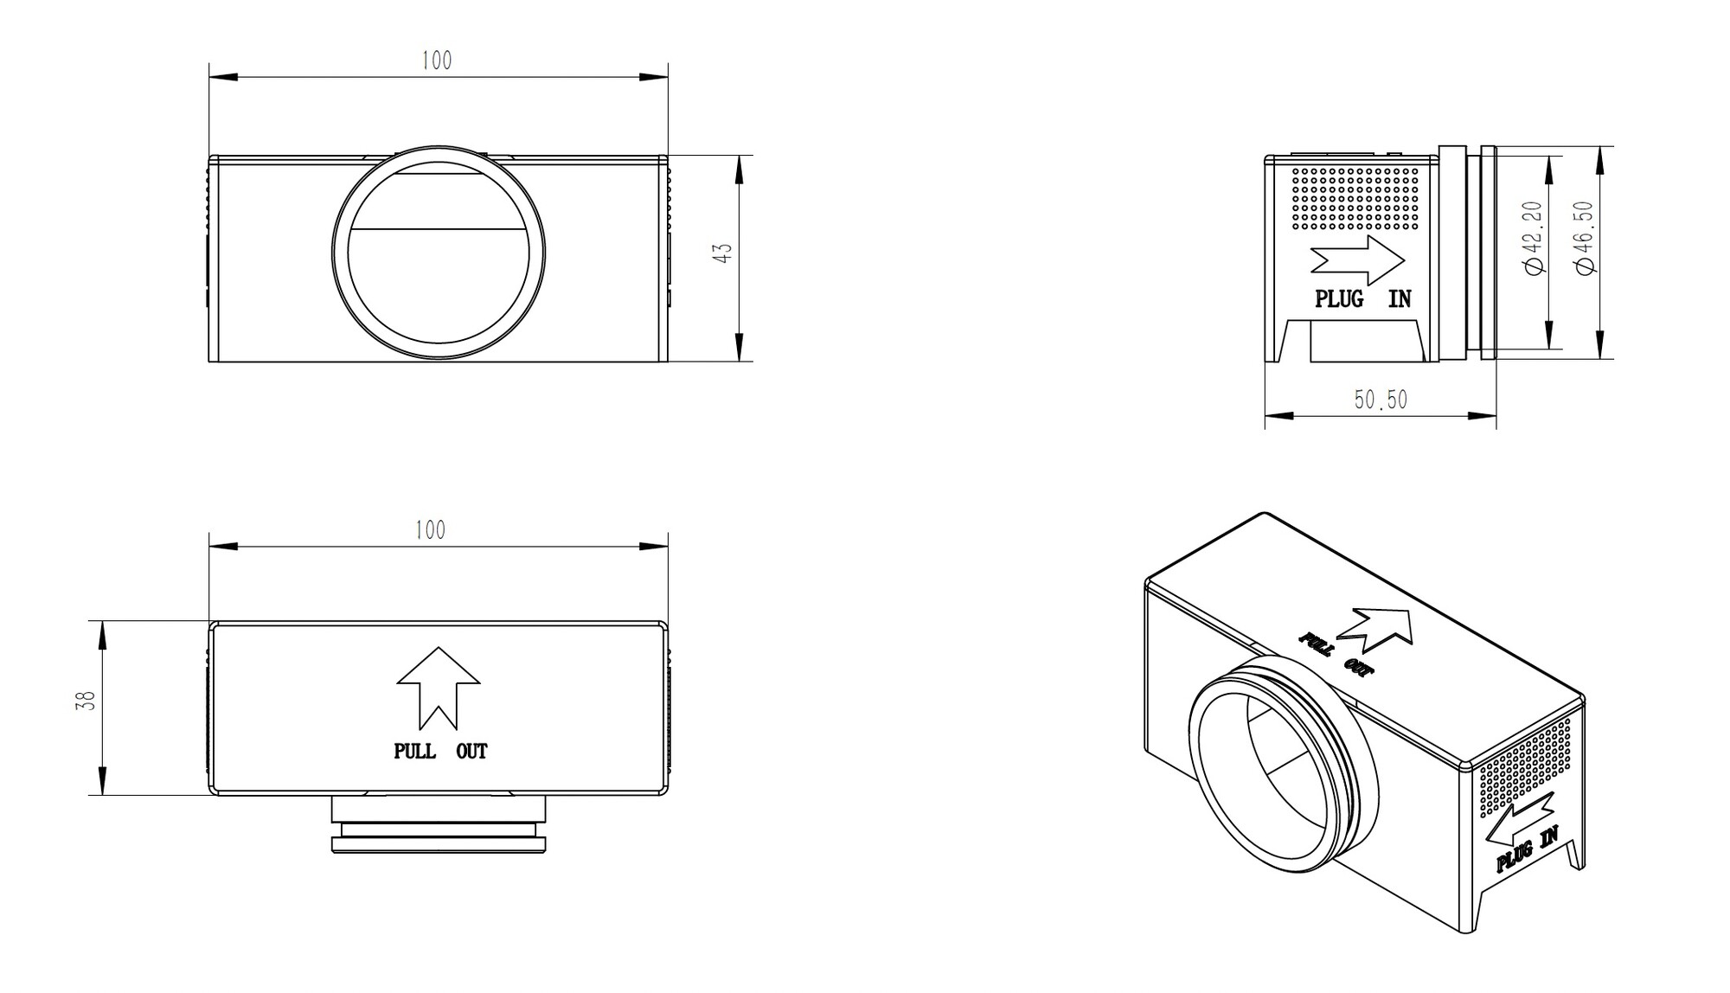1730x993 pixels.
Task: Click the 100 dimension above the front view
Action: (x=437, y=61)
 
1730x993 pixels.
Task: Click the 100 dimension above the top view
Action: (x=430, y=530)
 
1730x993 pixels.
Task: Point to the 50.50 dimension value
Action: (x=1381, y=400)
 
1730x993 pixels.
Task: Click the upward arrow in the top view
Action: (x=439, y=689)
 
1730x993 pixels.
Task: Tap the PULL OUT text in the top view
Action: (x=440, y=752)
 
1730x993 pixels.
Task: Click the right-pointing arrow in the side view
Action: (x=1357, y=258)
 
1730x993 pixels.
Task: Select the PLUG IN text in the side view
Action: (x=1362, y=299)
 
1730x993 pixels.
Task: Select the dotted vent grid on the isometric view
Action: (x=1525, y=765)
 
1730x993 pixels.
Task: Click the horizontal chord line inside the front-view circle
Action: (x=439, y=229)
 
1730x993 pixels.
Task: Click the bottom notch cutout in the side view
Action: (x=1366, y=341)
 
